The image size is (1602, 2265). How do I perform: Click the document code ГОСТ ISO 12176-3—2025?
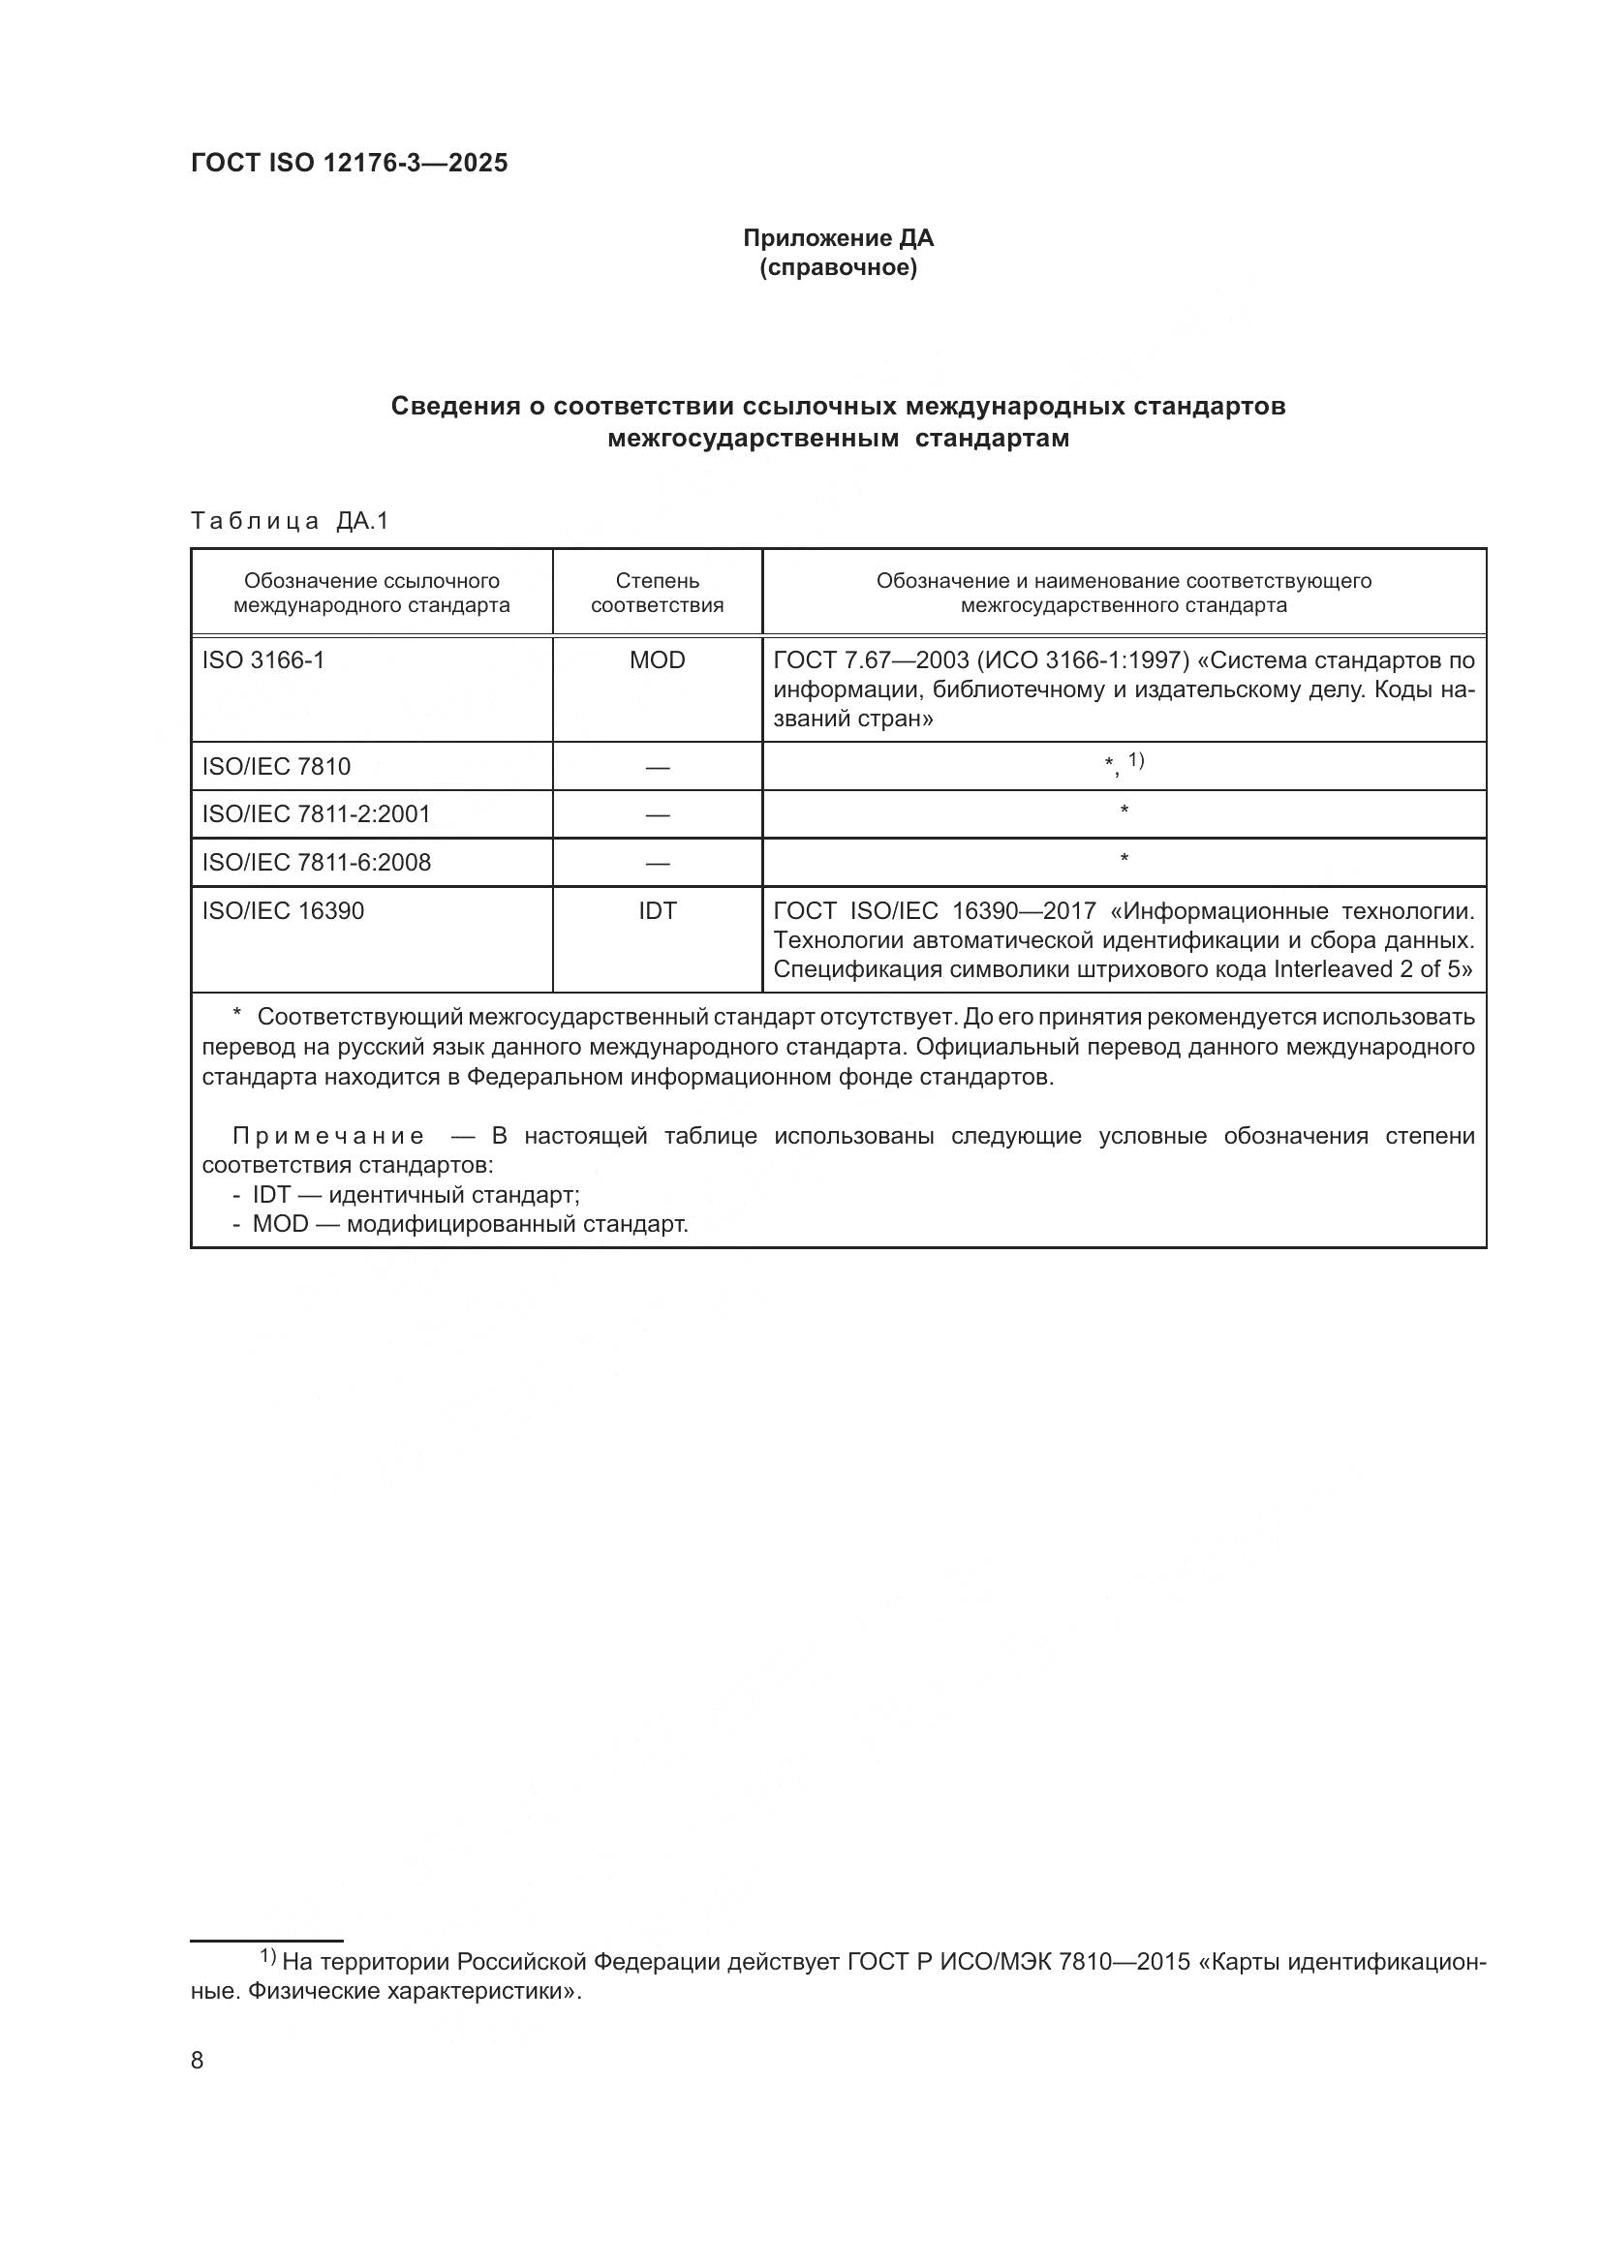pos(350,164)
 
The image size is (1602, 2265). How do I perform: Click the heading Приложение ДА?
pos(838,238)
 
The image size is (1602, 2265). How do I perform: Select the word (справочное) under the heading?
pos(838,268)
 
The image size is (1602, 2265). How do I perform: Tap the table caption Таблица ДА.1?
pos(290,521)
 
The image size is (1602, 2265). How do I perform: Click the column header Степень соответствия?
pos(657,593)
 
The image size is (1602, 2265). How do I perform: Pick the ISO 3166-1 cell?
pos(263,660)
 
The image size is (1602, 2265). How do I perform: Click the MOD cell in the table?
pos(657,660)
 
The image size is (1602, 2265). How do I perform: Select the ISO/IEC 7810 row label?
pos(276,767)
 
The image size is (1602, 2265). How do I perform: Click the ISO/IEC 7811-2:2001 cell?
pos(317,813)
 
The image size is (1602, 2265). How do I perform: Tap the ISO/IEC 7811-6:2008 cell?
pos(317,862)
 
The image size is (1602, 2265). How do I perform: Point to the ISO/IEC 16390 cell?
pos(283,910)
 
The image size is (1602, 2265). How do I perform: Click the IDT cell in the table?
pos(657,910)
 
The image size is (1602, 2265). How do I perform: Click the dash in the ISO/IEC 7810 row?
pos(657,767)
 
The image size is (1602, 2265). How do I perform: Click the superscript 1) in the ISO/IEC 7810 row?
pos(1135,760)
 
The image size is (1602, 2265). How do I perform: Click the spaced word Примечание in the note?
pos(328,1137)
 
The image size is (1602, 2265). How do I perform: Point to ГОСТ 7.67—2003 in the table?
pos(870,660)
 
